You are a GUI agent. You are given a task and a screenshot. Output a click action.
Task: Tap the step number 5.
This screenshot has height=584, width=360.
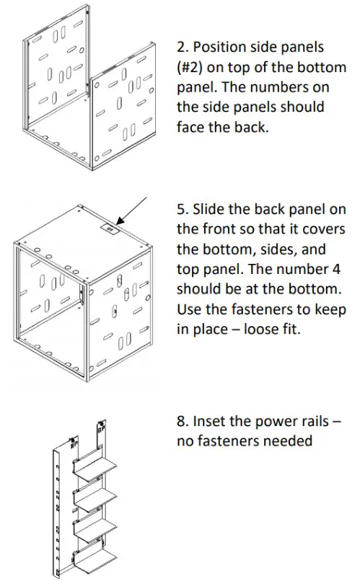[x=182, y=209]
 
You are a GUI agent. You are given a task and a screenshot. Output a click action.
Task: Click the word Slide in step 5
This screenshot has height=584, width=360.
[x=210, y=209]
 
